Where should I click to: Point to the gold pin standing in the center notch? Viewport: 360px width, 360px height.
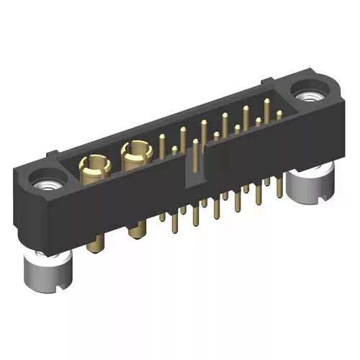[194, 155]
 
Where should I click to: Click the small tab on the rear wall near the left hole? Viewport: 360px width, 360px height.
[51, 153]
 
